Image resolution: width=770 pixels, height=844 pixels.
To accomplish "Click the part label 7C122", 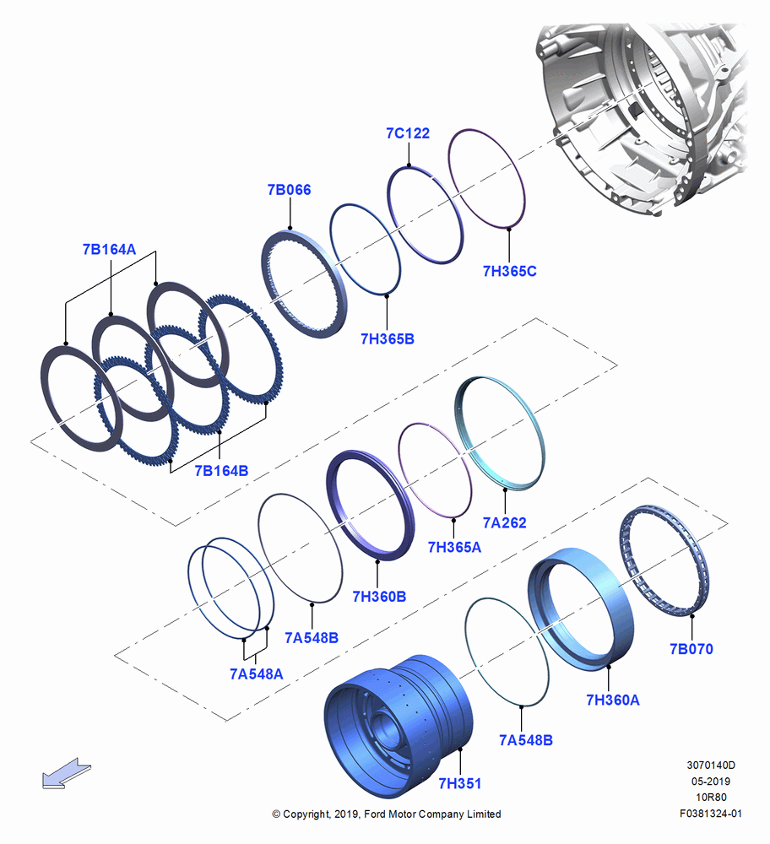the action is click(408, 133).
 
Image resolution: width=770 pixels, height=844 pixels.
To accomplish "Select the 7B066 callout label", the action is click(289, 190).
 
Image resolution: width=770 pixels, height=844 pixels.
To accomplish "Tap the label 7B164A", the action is click(109, 250).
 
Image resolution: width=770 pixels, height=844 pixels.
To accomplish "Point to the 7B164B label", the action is click(221, 471).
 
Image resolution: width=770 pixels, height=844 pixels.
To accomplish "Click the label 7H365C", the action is click(509, 271).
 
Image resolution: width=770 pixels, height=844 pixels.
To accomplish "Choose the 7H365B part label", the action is click(388, 339).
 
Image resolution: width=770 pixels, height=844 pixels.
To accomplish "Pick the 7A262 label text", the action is click(505, 522).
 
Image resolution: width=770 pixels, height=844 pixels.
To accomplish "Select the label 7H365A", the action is click(454, 548).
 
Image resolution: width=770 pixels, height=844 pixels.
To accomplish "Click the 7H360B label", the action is click(379, 597).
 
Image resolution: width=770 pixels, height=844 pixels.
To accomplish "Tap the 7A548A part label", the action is click(257, 674).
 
